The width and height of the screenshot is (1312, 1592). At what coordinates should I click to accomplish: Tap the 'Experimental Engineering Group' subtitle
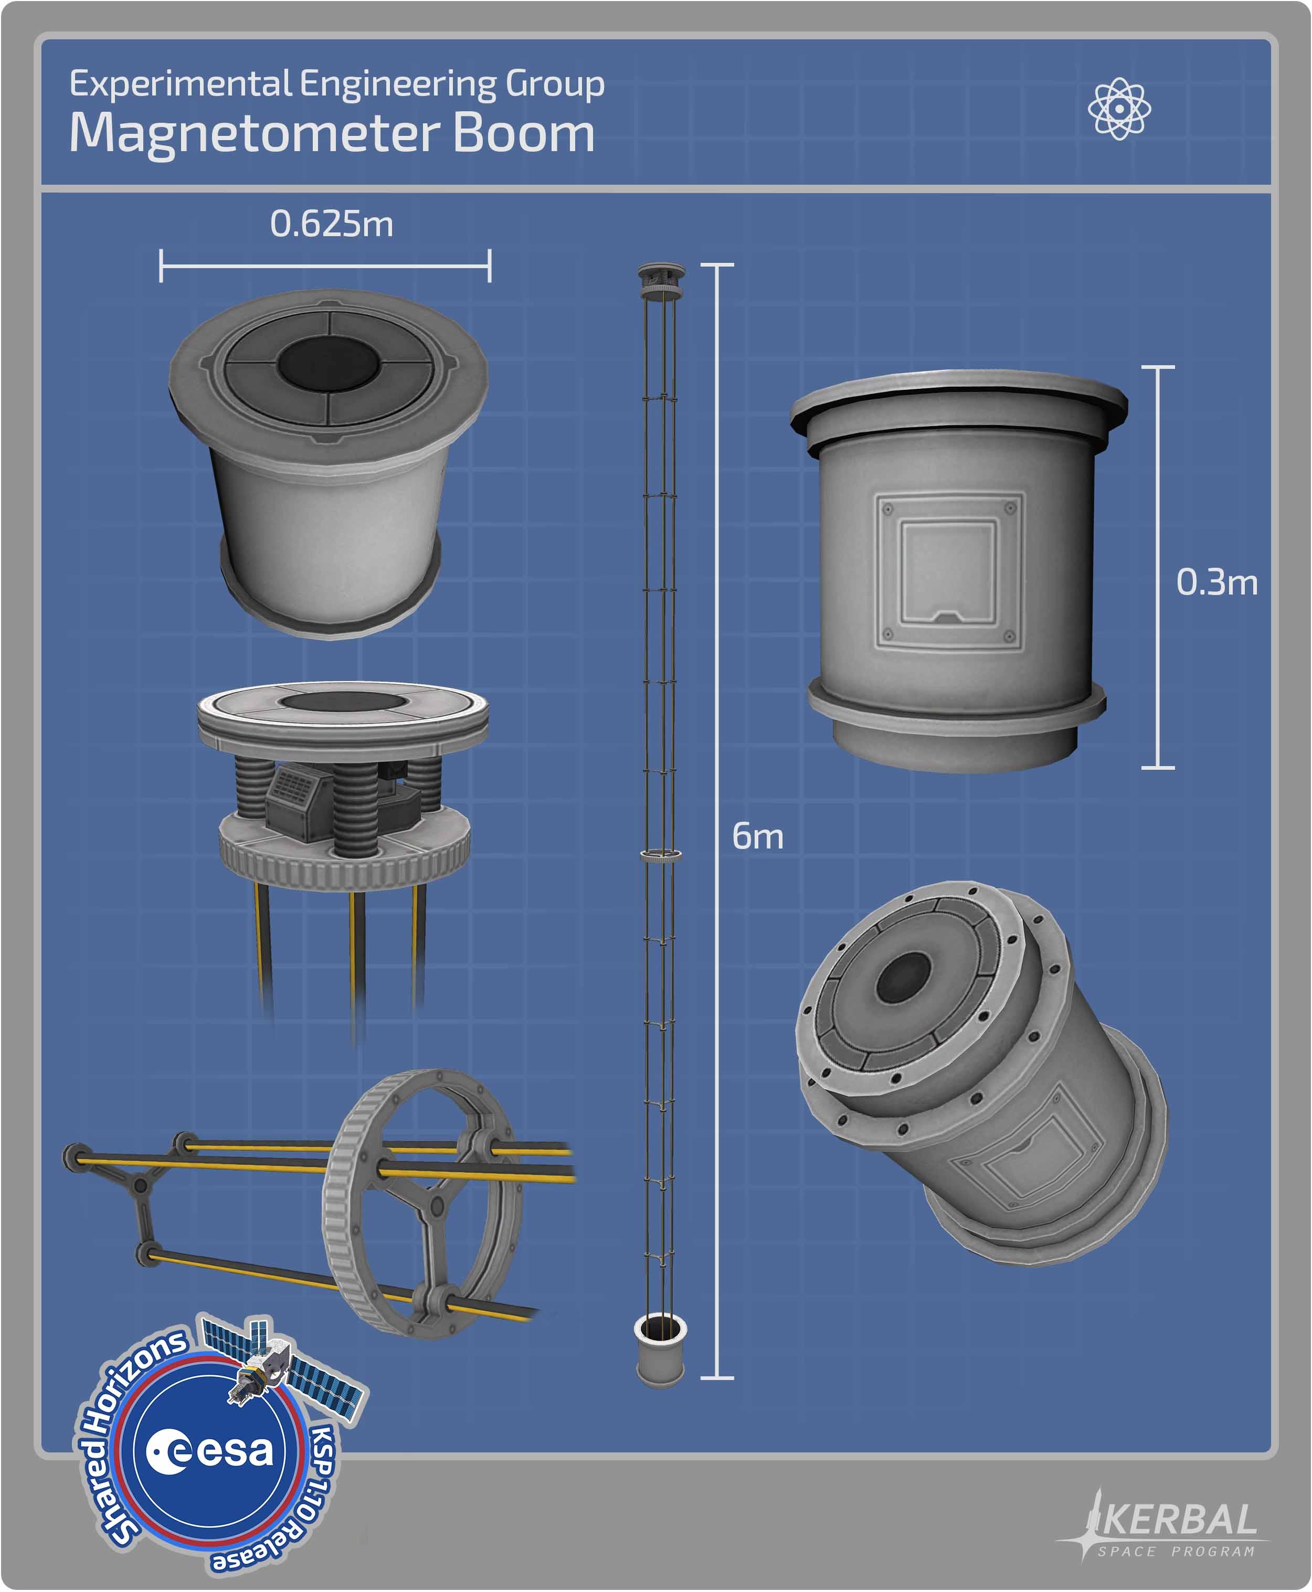tap(336, 84)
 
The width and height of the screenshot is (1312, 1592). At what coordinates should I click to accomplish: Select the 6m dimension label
tap(757, 836)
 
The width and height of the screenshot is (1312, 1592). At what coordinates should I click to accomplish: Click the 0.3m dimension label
tap(1217, 582)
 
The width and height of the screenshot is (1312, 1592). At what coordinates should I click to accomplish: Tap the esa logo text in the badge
tap(209, 1450)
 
